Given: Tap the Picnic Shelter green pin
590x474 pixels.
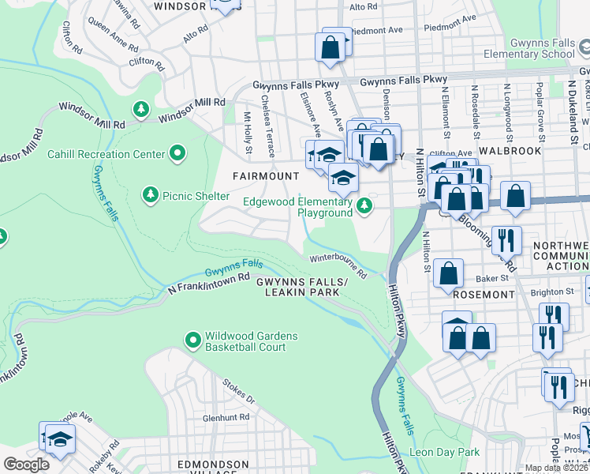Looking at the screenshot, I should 150,194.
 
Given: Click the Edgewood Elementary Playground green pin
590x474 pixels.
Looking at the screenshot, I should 364,207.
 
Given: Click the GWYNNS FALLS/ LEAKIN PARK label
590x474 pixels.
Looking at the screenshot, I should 301,288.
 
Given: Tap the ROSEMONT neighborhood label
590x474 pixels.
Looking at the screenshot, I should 484,294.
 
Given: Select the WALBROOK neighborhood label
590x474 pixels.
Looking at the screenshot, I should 509,150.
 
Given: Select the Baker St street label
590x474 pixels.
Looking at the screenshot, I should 494,279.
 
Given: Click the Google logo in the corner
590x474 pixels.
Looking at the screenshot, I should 26,464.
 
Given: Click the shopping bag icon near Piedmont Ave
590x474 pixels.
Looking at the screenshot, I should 330,47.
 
